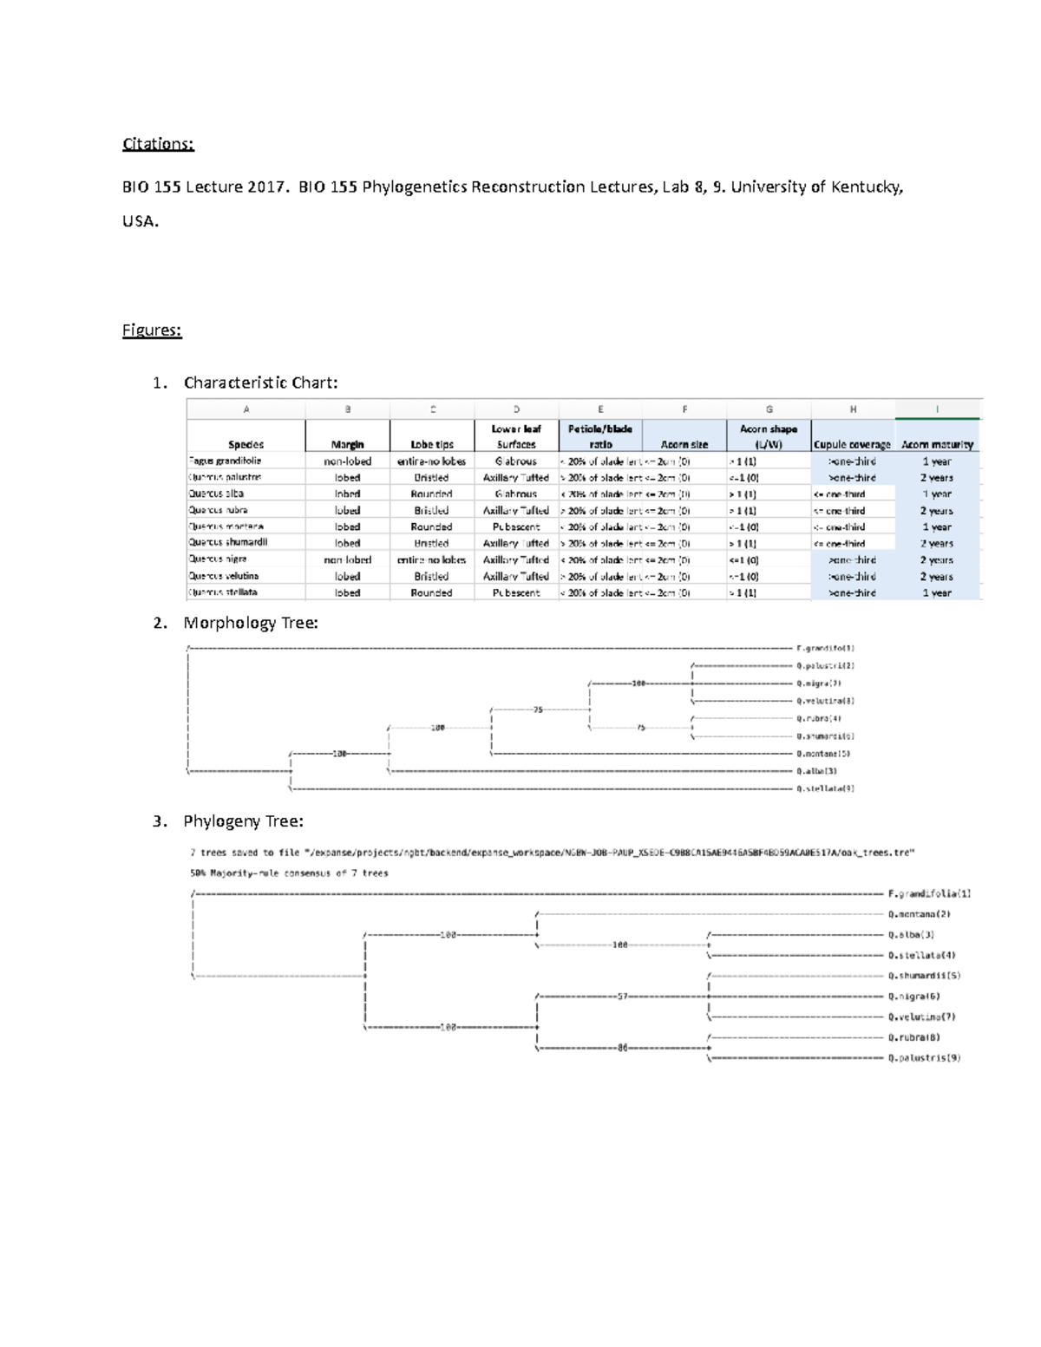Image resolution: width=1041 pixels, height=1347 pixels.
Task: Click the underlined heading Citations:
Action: (x=158, y=144)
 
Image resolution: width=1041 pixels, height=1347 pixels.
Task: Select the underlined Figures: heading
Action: (x=152, y=330)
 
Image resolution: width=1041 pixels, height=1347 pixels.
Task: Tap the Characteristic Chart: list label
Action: (x=260, y=383)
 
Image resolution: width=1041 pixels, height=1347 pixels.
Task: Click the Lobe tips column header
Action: (x=432, y=444)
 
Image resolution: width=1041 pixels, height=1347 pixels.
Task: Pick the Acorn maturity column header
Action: (x=937, y=444)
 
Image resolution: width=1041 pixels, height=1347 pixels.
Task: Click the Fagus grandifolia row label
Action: (x=225, y=461)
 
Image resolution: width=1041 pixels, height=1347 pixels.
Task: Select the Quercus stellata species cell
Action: (x=224, y=592)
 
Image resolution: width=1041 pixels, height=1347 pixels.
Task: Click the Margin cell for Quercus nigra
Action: (x=347, y=560)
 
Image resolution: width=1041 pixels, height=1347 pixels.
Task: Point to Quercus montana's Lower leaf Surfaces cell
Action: (x=516, y=526)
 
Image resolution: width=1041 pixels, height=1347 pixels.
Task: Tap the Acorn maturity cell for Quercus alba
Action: (x=937, y=494)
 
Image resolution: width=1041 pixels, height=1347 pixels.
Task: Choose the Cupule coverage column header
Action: (x=852, y=444)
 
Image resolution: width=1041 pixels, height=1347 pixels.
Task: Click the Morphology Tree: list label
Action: (x=251, y=623)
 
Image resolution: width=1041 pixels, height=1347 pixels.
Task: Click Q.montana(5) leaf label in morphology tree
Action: (x=823, y=754)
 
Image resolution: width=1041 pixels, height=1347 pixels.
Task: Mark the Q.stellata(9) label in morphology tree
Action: (x=825, y=788)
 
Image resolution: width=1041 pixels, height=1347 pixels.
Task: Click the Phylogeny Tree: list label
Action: (x=243, y=821)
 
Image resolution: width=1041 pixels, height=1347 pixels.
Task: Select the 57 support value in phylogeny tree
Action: (x=622, y=997)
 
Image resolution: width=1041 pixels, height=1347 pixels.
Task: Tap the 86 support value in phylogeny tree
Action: (x=622, y=1048)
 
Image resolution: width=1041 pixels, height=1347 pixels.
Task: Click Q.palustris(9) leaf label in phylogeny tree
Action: (x=924, y=1058)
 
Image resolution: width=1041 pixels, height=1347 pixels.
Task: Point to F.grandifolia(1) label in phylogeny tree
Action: (x=929, y=893)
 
